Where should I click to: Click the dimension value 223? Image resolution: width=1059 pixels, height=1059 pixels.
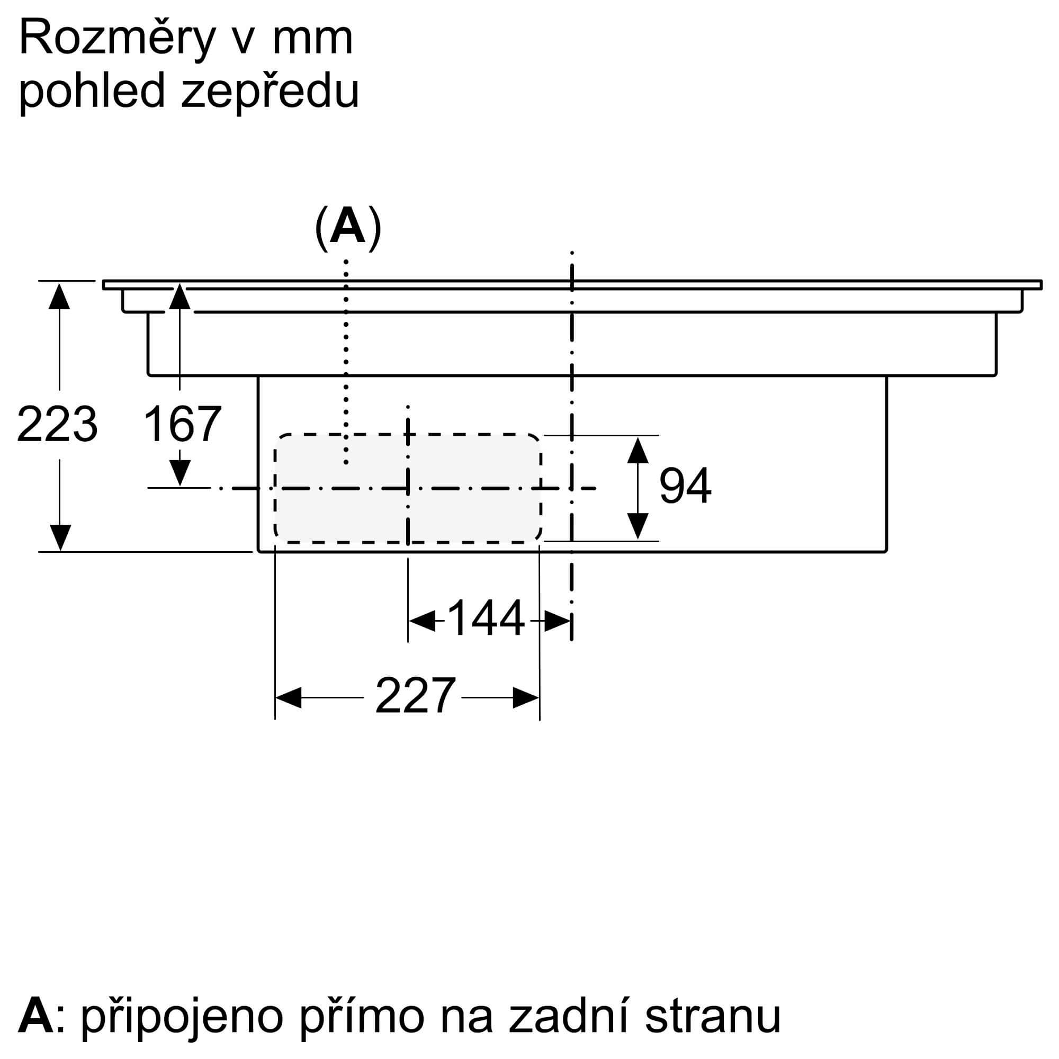pyautogui.click(x=58, y=424)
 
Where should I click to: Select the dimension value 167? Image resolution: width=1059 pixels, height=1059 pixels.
pyautogui.click(x=183, y=424)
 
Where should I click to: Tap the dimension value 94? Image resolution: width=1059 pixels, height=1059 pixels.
pyautogui.click(x=685, y=486)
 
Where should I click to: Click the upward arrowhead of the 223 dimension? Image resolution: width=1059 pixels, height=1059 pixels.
pyautogui.click(x=59, y=296)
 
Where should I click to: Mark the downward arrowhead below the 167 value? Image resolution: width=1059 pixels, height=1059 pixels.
pyautogui.click(x=180, y=472)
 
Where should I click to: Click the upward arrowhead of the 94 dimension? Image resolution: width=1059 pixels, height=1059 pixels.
pyautogui.click(x=638, y=450)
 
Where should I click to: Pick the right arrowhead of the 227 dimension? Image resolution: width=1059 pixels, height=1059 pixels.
pyautogui.click(x=526, y=697)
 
